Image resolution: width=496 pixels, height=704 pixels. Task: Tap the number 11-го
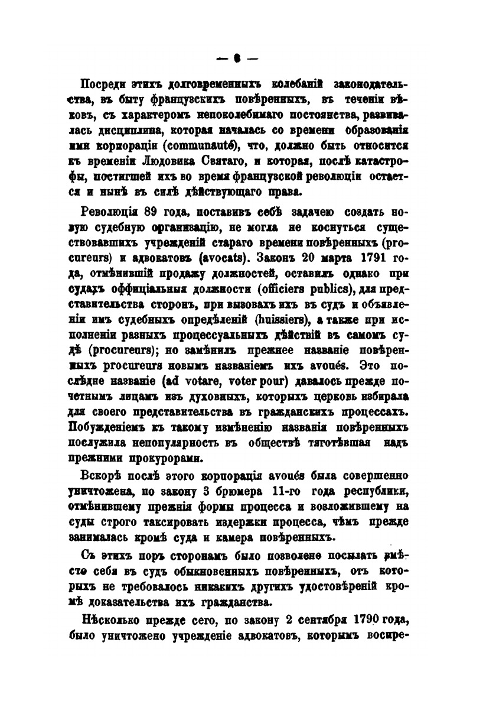point(295,490)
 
